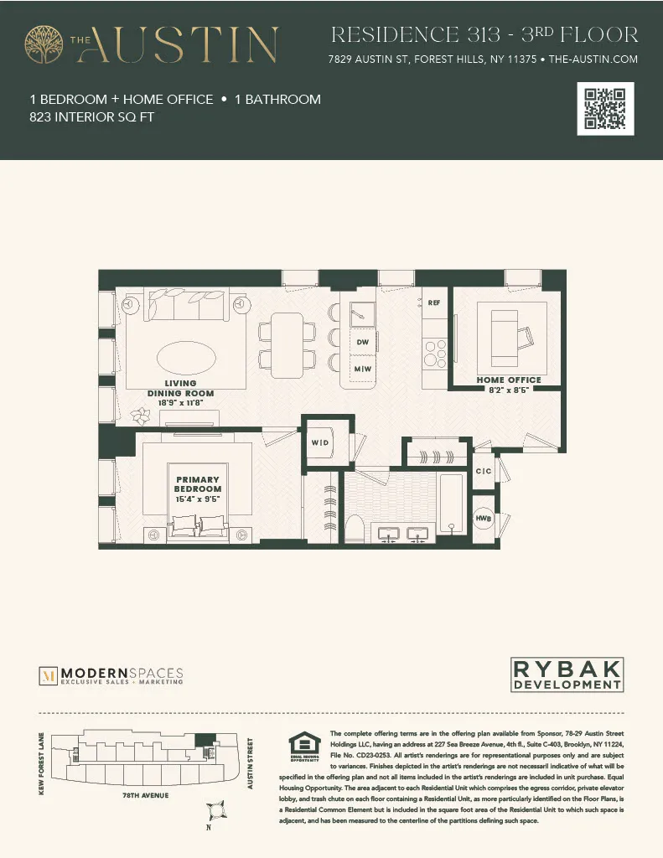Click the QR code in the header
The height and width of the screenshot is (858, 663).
point(606,109)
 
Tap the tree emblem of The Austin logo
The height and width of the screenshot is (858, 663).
point(44,44)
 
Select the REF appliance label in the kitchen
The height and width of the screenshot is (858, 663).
point(434,302)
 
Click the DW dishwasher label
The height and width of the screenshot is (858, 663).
point(363,343)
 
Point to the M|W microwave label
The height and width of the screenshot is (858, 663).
point(363,369)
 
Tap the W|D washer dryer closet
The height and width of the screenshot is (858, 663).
point(320,442)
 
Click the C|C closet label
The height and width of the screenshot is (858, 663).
point(484,472)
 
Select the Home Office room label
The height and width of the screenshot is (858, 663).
point(509,380)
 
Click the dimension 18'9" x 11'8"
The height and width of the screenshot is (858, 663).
point(180,403)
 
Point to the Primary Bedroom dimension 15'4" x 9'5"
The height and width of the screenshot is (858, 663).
point(198,499)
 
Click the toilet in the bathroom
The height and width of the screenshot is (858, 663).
point(355,529)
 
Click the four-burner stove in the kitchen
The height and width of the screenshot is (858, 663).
point(435,352)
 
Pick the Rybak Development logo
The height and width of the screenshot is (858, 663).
point(567,675)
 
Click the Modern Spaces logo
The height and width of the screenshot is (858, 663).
point(111,675)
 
